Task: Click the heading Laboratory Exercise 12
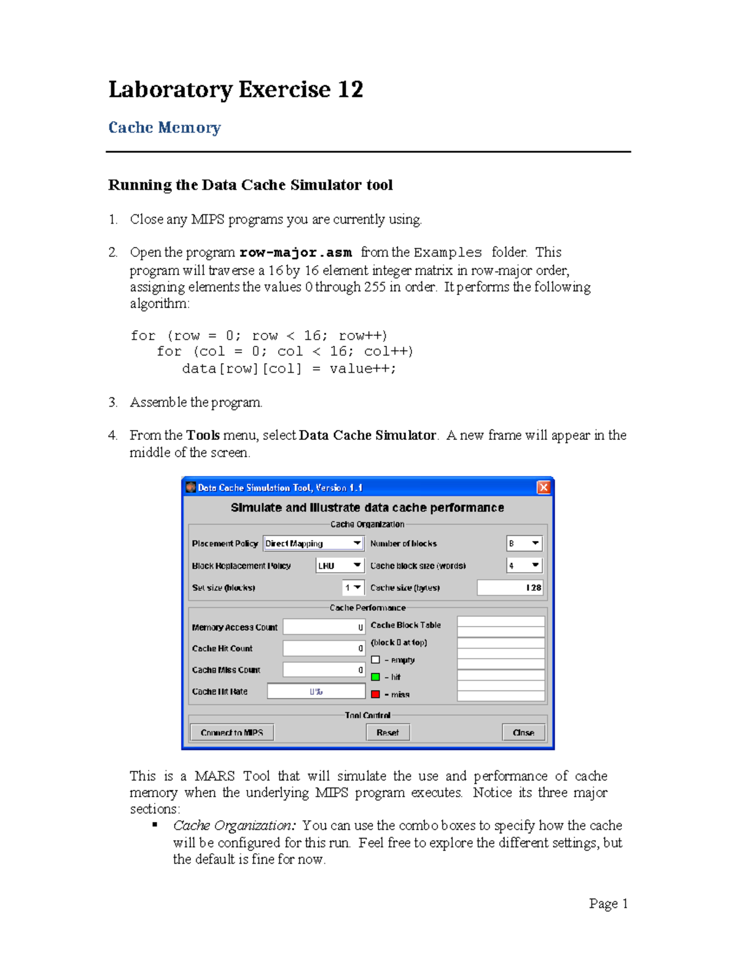[235, 90]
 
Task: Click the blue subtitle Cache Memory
[164, 128]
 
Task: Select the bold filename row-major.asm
[295, 252]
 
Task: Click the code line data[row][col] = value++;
[289, 369]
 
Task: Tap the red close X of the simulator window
[544, 487]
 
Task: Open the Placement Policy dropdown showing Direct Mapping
[313, 544]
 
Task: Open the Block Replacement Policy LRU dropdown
[340, 566]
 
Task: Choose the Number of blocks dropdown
[524, 544]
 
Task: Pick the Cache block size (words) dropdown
[524, 566]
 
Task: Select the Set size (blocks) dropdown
[353, 588]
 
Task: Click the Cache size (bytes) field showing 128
[510, 588]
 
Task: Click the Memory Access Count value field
[324, 627]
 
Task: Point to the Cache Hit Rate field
[316, 692]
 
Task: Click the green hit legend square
[376, 677]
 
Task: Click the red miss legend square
[376, 694]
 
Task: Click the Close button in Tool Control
[523, 732]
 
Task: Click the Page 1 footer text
[608, 904]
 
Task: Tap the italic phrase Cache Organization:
[234, 826]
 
